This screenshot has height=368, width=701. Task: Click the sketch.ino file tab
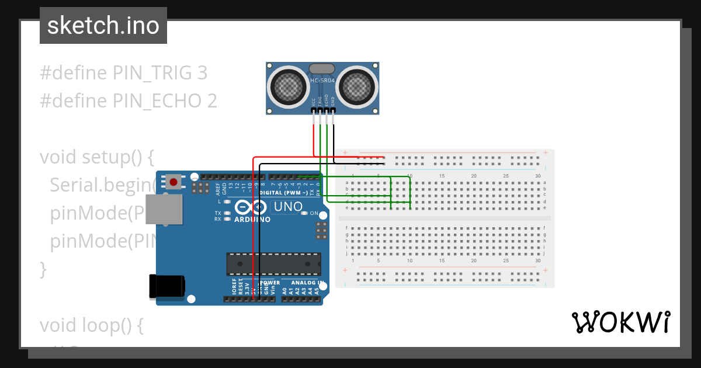pos(103,26)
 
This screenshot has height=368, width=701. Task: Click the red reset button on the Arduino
pos(173,182)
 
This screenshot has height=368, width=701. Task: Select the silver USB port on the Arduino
pos(163,209)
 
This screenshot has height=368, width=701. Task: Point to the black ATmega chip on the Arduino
pos(273,263)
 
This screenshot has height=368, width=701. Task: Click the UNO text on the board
pos(289,207)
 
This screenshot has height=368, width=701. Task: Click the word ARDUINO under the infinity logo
pos(252,220)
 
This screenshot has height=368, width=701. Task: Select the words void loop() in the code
pos(91,325)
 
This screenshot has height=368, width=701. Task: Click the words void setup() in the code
pos(96,157)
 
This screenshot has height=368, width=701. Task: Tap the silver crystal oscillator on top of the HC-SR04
pos(322,69)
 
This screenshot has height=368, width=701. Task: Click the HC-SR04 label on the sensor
pos(322,81)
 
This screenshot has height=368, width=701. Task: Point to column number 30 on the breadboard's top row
pos(537,176)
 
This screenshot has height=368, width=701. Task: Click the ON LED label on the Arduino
pos(314,213)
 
